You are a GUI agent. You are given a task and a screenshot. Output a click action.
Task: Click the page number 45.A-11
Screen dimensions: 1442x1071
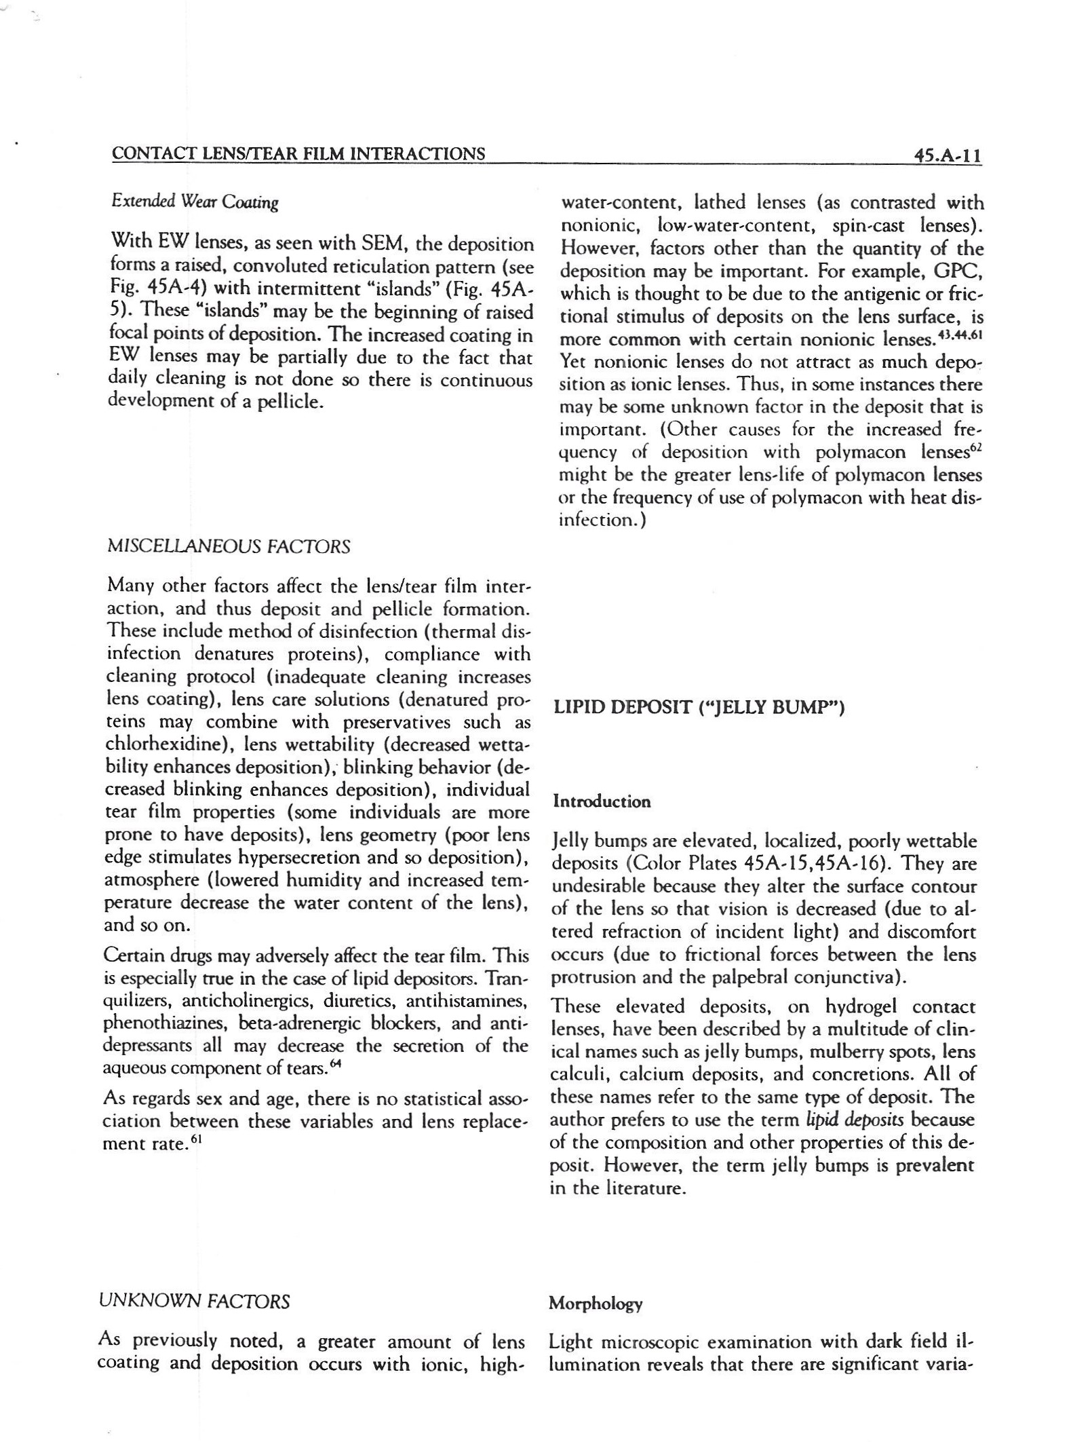[x=947, y=156]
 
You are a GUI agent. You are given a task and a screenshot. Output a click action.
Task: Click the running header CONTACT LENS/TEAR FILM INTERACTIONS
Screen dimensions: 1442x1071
[x=298, y=153]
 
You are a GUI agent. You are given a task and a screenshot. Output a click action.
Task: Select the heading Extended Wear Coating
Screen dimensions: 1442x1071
[x=195, y=202]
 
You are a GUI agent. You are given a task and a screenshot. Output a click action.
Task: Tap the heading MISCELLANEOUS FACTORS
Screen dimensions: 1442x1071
[x=229, y=546]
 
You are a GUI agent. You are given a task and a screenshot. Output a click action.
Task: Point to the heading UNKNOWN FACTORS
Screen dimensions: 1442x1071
[x=194, y=1301]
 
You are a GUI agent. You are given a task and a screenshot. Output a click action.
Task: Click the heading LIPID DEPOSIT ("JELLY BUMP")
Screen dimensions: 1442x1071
[x=699, y=708]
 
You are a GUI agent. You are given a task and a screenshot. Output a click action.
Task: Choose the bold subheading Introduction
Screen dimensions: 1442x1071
[x=602, y=801]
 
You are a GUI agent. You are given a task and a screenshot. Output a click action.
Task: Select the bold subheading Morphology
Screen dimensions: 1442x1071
[x=596, y=1303]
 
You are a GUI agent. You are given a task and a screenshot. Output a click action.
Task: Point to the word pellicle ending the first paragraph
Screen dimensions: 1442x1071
[x=288, y=402]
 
